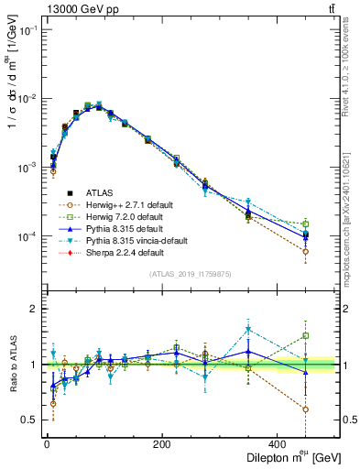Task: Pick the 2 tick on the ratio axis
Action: point(32,309)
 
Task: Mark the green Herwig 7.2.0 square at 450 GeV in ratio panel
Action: point(306,335)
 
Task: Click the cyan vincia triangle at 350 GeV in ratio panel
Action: point(248,330)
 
